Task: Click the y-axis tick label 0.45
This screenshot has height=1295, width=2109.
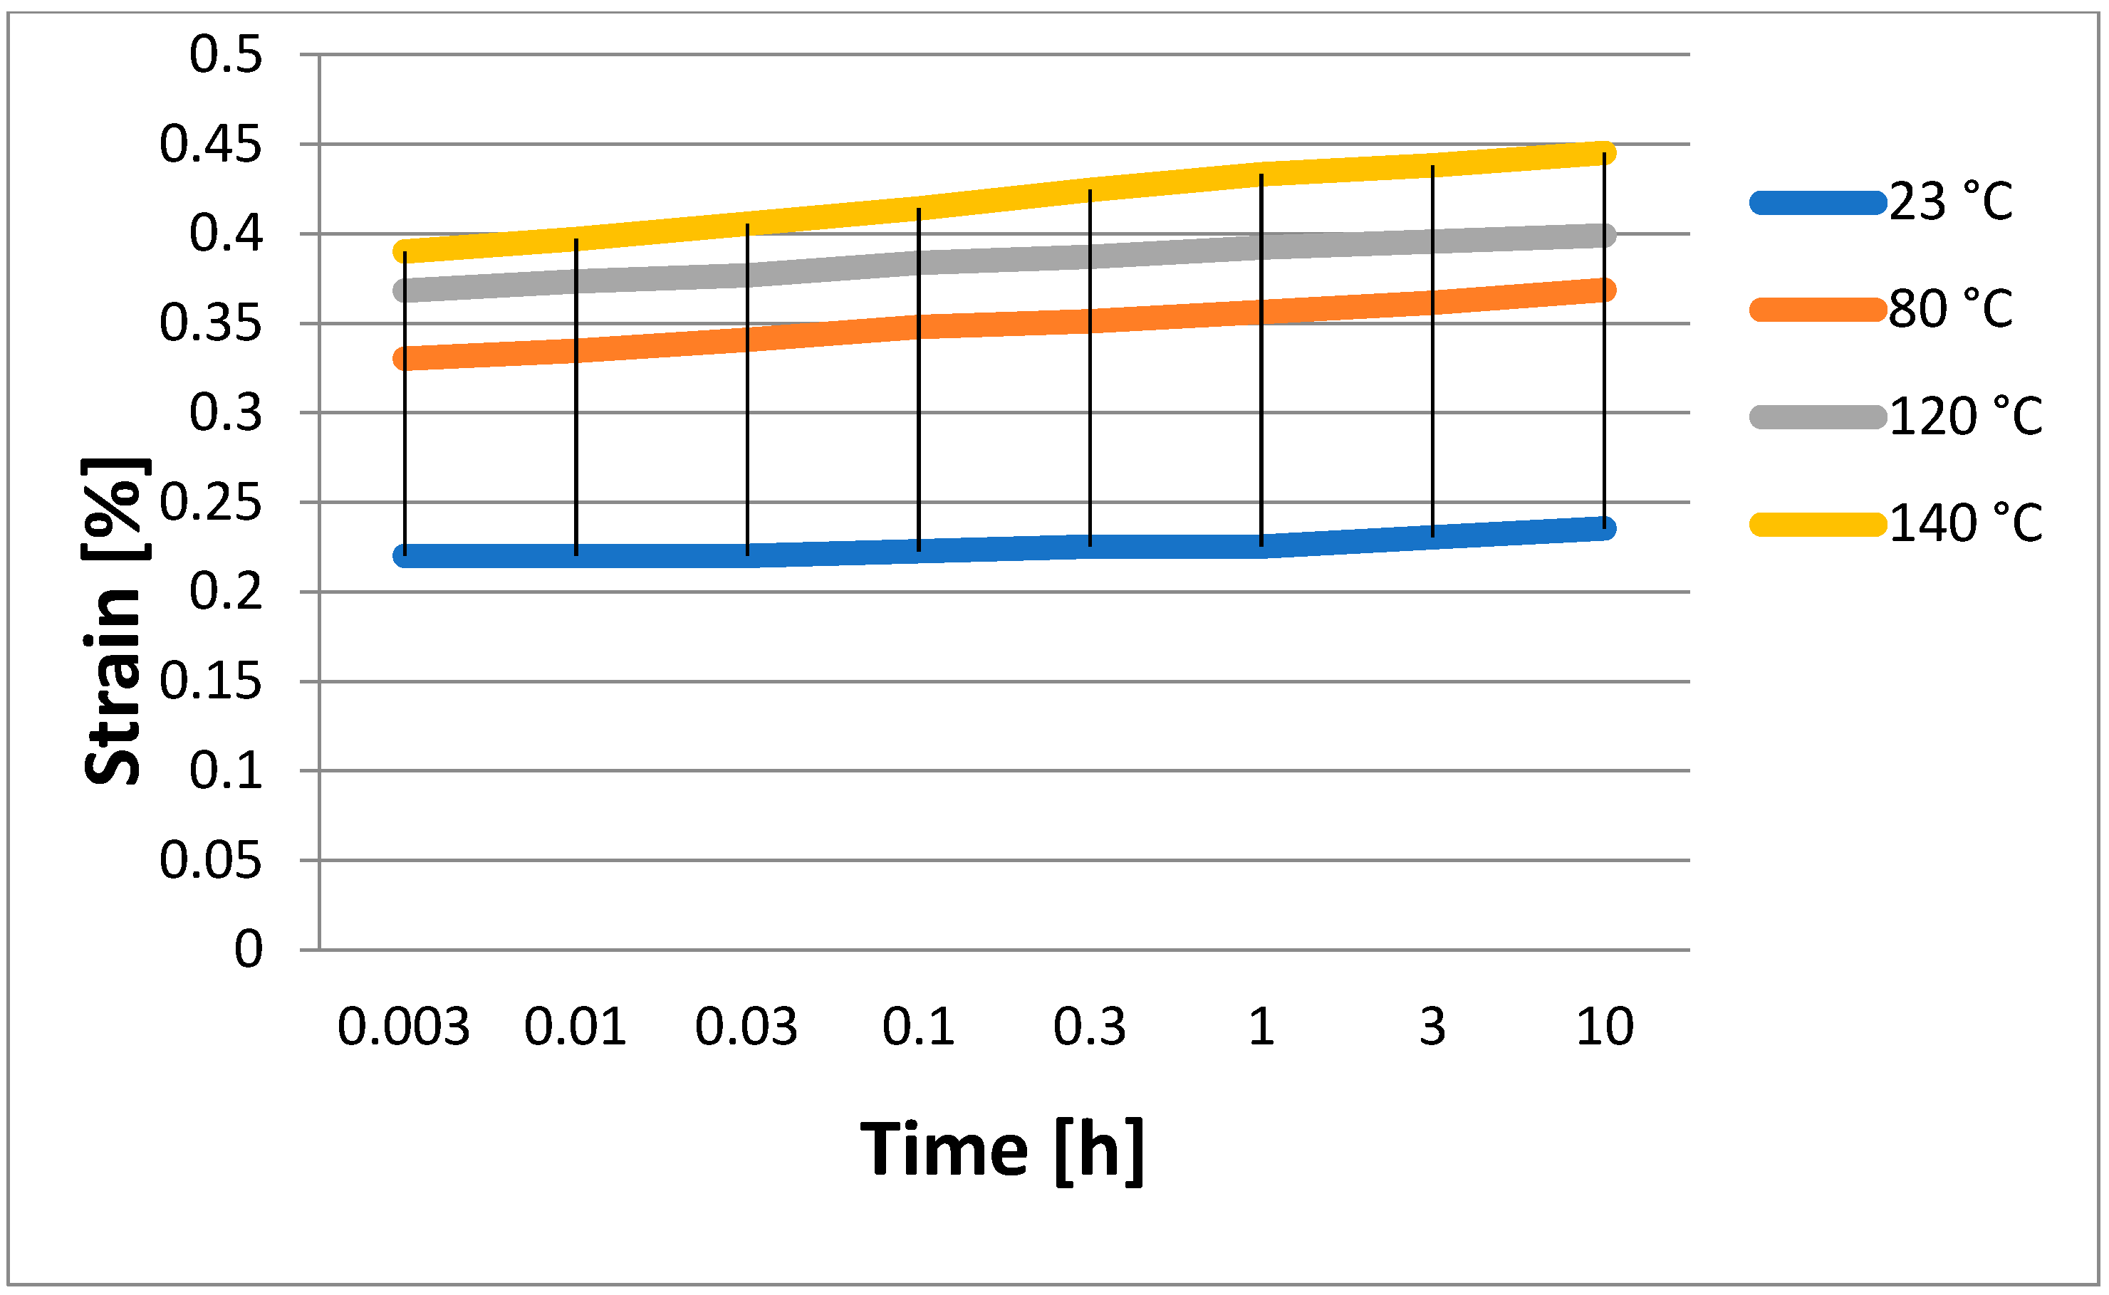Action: click(x=210, y=144)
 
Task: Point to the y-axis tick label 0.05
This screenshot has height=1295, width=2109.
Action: click(x=210, y=860)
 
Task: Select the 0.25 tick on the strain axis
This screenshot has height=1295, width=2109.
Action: click(x=210, y=503)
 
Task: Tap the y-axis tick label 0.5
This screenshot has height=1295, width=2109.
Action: click(x=225, y=55)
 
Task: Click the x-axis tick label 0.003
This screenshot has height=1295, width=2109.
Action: click(x=403, y=1026)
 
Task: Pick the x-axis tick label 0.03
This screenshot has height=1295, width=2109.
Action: click(x=746, y=1026)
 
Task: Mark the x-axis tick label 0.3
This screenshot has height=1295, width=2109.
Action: click(x=1090, y=1026)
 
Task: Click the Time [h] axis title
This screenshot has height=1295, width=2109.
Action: click(x=1002, y=1149)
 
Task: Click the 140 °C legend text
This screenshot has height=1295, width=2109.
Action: click(x=1965, y=523)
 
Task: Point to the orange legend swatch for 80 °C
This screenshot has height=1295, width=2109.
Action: click(x=1817, y=309)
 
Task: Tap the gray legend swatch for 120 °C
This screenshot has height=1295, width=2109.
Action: click(x=1817, y=417)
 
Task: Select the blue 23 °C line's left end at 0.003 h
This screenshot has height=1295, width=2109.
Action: click(x=405, y=556)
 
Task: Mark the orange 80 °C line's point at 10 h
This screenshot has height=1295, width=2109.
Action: click(x=1605, y=290)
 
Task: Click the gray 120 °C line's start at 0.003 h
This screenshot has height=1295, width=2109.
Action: click(x=405, y=290)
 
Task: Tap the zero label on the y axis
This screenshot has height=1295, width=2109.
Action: click(x=249, y=949)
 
